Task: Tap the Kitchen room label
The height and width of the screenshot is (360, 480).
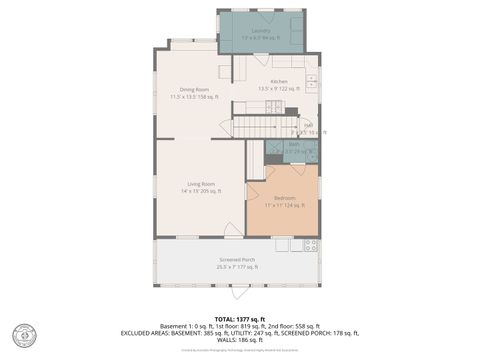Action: pos(279,81)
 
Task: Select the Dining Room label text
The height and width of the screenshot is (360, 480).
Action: pos(193,90)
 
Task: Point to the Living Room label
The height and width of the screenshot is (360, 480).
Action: pos(201,184)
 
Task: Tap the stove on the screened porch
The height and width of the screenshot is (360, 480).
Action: pos(310,244)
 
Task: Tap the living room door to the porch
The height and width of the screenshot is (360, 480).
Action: pos(232,231)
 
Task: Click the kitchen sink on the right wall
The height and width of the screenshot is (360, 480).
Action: pos(313,81)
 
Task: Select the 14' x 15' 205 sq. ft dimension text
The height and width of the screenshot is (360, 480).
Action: pos(201,191)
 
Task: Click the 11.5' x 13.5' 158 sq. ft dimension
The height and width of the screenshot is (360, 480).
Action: pos(193,97)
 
